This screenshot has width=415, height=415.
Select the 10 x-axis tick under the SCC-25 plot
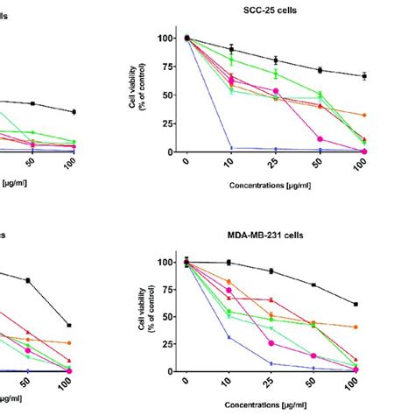230,163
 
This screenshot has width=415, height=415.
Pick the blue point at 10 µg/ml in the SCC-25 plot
230,147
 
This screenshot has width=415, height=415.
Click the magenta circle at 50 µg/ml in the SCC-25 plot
320,139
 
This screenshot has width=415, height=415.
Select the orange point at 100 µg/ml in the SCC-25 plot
363,115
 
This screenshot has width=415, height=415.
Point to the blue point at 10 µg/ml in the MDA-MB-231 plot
230,337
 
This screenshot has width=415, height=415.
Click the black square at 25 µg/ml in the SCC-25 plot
275,60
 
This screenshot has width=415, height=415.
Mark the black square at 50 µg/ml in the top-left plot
32,103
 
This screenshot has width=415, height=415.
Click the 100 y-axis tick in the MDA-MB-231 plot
165,262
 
